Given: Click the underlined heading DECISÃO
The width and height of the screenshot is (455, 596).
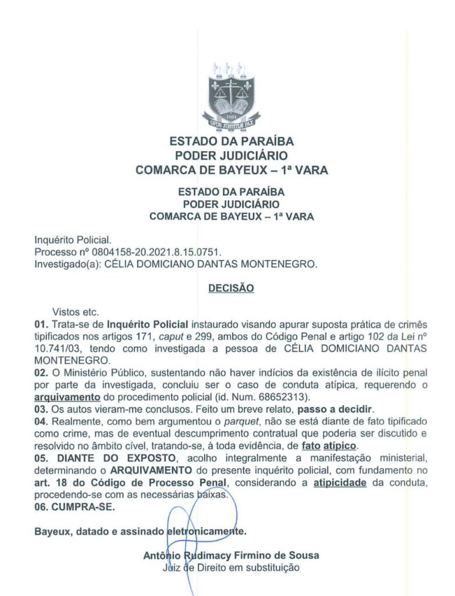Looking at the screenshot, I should pos(231,288).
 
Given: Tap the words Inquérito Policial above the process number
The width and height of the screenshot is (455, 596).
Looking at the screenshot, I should pos(73,240).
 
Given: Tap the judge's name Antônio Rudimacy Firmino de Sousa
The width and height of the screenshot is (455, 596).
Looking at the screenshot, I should pos(231,555).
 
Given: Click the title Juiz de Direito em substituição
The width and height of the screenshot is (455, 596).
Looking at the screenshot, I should pos(231,567).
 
